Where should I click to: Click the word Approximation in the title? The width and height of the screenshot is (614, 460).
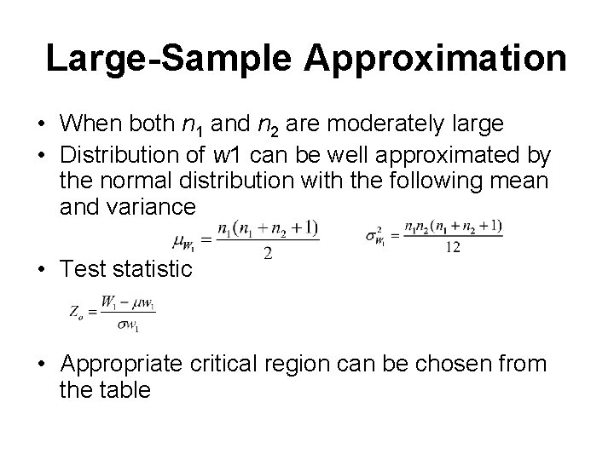coord(435,59)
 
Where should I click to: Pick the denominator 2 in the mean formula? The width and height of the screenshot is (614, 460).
coord(269,255)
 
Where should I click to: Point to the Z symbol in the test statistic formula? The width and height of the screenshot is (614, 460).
coord(75,312)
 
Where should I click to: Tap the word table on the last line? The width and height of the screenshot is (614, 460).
coord(131,390)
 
